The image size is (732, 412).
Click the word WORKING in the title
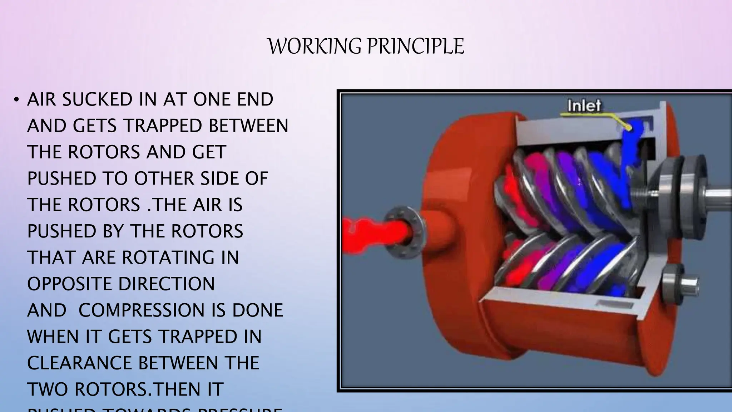315,46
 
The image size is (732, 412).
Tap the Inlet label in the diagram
584,106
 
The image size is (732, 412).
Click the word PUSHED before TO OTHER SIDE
61,178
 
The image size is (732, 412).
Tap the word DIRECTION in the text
166,284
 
